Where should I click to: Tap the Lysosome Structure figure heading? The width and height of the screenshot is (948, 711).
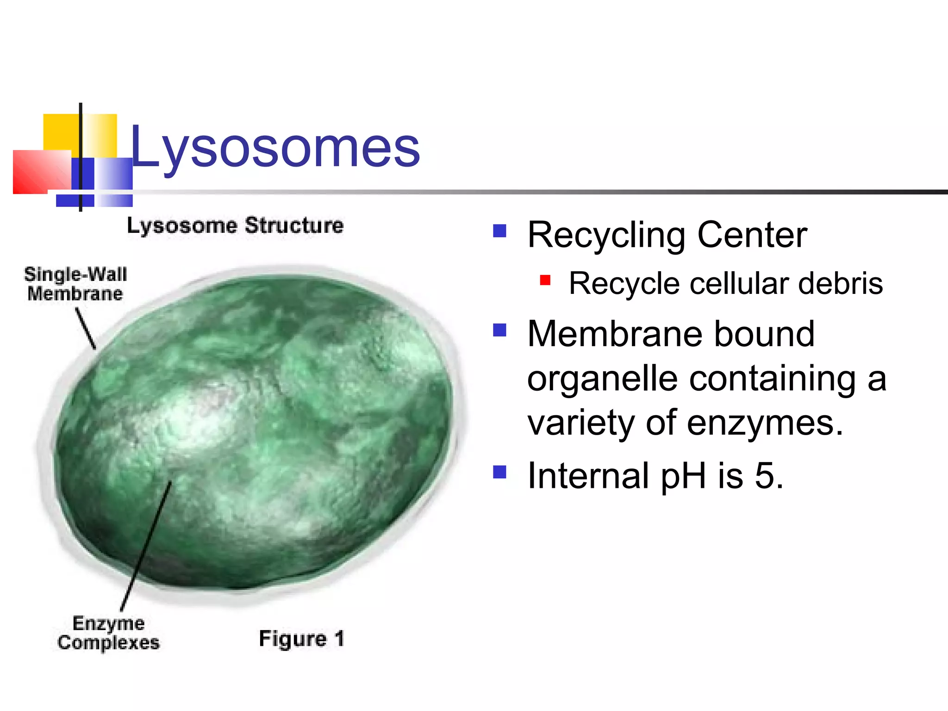pos(235,226)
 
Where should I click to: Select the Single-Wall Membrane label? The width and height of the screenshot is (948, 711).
pos(75,284)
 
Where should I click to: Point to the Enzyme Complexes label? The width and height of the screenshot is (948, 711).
pos(108,633)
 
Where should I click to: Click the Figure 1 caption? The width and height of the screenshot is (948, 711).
pos(301,639)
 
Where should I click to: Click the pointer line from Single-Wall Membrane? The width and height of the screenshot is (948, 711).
pos(86,329)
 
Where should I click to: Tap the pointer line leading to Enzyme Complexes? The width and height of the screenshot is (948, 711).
pos(146,546)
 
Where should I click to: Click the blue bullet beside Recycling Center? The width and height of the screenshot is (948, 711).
pos(499,231)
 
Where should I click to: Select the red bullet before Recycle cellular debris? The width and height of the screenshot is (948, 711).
pos(545,280)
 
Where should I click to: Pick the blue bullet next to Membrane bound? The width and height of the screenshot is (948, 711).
pos(499,330)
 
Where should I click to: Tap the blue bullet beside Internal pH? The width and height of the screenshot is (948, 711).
pos(499,472)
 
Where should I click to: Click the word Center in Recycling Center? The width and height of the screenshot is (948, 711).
pos(752,235)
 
